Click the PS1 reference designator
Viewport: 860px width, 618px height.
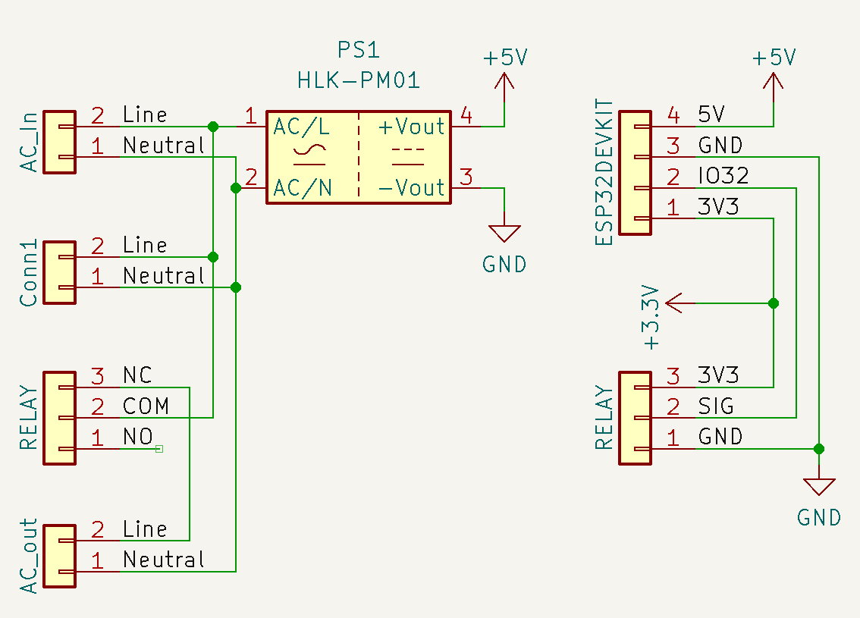pos(358,51)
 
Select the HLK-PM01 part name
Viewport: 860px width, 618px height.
pos(359,80)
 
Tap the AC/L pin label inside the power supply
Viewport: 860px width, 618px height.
pos(302,127)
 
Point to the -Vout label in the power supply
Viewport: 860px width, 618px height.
pos(411,187)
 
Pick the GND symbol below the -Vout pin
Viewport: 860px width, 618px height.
pos(504,233)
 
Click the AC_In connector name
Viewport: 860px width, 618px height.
pos(29,141)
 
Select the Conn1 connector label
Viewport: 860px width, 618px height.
pos(29,273)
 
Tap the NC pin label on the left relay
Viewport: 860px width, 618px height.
pos(137,375)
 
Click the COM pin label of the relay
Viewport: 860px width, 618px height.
pos(146,406)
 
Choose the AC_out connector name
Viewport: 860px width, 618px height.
pos(29,555)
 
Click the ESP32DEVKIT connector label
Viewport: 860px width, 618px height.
pos(604,172)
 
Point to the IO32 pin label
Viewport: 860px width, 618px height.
pos(723,177)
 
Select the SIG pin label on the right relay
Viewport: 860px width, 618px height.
pos(716,406)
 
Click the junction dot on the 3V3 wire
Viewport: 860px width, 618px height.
pos(773,303)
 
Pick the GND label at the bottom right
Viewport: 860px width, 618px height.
pos(819,518)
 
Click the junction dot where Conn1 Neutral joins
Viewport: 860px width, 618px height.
pos(236,287)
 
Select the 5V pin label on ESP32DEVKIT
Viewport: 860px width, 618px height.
pos(711,115)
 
